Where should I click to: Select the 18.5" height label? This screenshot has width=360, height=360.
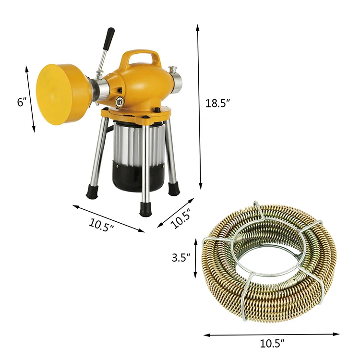point(218,103)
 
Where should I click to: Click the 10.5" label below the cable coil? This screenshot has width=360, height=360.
point(272,343)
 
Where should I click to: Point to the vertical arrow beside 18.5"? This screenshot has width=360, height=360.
point(198,106)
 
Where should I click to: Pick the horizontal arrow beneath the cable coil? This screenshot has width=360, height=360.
point(271,334)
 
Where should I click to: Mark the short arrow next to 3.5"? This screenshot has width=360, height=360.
point(196,258)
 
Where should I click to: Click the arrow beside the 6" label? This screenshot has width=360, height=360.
point(30,99)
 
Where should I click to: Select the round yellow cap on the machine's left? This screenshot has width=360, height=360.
point(57,94)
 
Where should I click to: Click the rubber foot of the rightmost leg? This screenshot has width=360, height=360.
point(173,189)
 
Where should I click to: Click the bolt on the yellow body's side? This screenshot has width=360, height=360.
point(118,101)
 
